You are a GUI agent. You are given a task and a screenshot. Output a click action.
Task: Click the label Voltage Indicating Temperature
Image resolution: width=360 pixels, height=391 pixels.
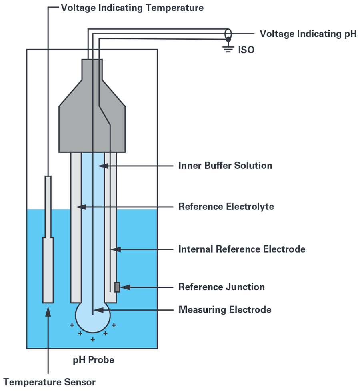[x=132, y=8]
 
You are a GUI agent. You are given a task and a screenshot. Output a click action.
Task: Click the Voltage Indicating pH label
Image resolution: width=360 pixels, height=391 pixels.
[x=308, y=34]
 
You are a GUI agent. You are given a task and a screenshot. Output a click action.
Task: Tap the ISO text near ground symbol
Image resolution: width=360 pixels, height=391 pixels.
[x=246, y=50]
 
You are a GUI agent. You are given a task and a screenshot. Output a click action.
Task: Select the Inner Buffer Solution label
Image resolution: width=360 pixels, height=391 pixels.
[x=225, y=165]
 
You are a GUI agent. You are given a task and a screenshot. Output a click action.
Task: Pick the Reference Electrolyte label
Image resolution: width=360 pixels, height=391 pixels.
[x=226, y=207]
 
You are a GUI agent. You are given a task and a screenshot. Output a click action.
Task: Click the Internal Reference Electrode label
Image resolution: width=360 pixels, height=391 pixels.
[x=242, y=249]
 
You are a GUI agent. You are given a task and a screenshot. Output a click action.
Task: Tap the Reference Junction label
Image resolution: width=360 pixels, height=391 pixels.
[x=222, y=287]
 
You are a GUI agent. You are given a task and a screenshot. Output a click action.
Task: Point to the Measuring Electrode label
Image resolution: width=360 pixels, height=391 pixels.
[x=225, y=309]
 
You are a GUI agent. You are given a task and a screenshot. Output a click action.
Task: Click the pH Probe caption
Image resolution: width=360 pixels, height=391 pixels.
[x=93, y=360]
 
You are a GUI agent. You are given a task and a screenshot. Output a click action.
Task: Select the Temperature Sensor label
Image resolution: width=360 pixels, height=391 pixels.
[x=50, y=382]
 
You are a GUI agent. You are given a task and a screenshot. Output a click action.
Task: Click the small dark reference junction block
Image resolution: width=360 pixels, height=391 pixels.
[x=117, y=287]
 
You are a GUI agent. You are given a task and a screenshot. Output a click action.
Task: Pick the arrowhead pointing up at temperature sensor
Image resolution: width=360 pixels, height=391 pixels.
[x=48, y=311]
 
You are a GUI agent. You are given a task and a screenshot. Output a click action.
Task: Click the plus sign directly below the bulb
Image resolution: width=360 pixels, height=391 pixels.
[x=93, y=339]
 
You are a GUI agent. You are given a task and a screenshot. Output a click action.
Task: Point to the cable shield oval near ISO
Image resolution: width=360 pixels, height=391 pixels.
[x=228, y=34]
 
